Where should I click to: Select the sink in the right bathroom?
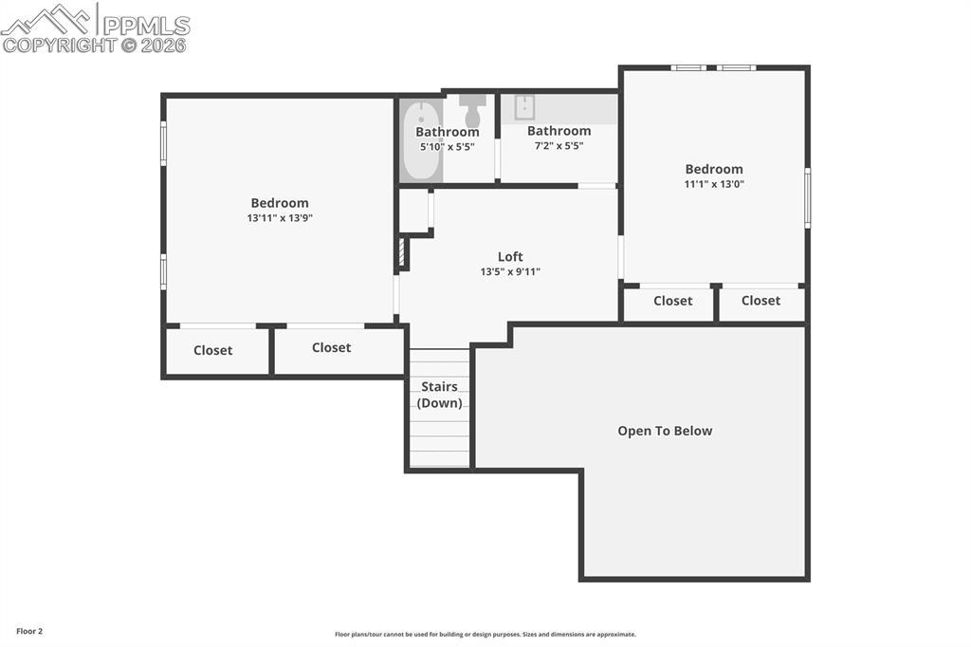click(x=524, y=107)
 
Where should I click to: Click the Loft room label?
click(x=510, y=256)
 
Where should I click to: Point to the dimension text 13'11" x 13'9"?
click(x=280, y=218)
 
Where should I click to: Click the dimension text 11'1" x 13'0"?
click(x=714, y=184)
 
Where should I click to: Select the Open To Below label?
click(x=665, y=431)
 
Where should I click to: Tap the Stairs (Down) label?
click(x=439, y=395)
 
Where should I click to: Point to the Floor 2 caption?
click(x=28, y=631)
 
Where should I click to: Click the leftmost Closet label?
click(x=212, y=350)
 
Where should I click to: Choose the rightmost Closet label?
click(x=760, y=301)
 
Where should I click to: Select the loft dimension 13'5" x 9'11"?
click(x=510, y=272)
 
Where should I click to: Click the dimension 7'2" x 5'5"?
click(x=559, y=146)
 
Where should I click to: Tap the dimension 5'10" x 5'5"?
click(x=448, y=147)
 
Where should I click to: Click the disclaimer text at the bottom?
click(x=485, y=635)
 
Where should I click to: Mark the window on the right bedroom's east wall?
click(x=807, y=197)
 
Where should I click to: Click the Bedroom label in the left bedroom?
click(x=280, y=203)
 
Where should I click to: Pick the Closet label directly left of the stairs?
click(x=331, y=347)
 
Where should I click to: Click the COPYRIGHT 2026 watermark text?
click(x=95, y=45)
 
